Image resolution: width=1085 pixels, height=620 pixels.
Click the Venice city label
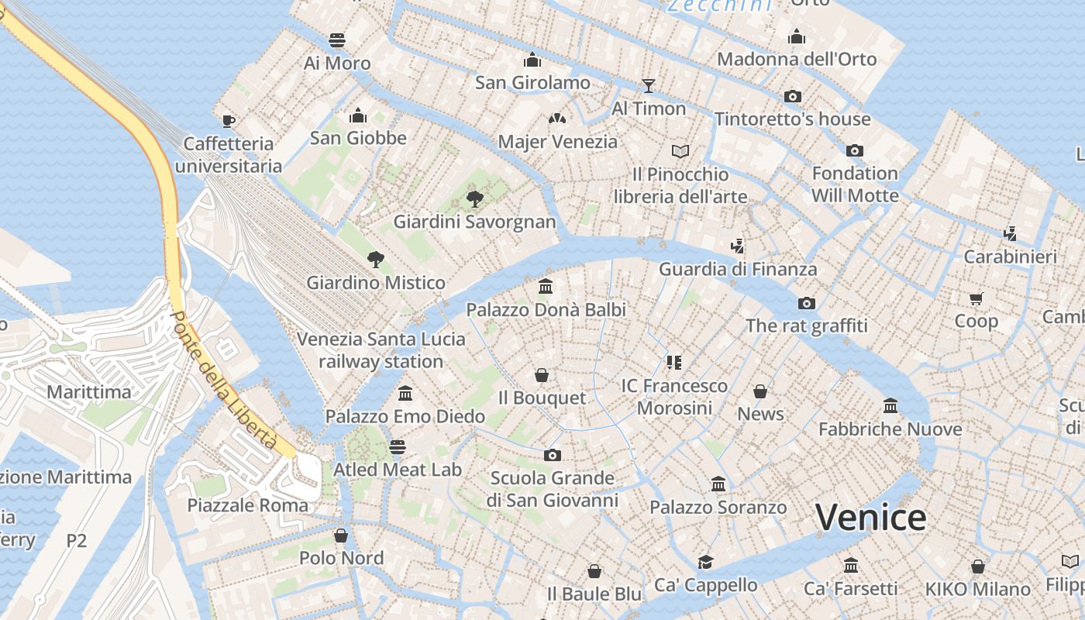point(870,517)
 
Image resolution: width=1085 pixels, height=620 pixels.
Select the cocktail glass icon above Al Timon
point(649,85)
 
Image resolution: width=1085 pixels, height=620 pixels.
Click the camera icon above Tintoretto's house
point(792,96)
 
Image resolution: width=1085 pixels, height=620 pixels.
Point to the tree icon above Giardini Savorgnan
point(474,199)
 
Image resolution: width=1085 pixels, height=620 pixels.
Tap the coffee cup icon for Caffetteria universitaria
point(228,120)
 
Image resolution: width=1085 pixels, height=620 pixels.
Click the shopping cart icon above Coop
point(976,298)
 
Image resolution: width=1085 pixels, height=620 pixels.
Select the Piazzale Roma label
point(247,505)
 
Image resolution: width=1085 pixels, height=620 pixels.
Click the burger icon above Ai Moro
point(336,40)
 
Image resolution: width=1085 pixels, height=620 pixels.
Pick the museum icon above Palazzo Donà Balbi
point(546,287)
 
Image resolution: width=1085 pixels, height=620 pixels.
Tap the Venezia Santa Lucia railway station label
point(381,350)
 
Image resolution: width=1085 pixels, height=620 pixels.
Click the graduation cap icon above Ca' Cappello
point(705,562)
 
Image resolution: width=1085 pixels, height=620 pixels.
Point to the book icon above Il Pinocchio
point(680,151)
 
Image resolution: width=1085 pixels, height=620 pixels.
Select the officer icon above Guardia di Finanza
point(737,246)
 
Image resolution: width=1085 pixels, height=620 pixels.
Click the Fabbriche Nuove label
point(890,429)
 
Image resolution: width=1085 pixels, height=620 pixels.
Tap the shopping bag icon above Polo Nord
point(340,536)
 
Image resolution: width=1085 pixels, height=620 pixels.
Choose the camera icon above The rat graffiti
point(806,303)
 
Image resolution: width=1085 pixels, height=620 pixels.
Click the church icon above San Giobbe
point(357,115)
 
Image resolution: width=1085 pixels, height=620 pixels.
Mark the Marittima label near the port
point(88,391)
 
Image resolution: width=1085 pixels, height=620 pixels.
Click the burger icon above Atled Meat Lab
point(398,446)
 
